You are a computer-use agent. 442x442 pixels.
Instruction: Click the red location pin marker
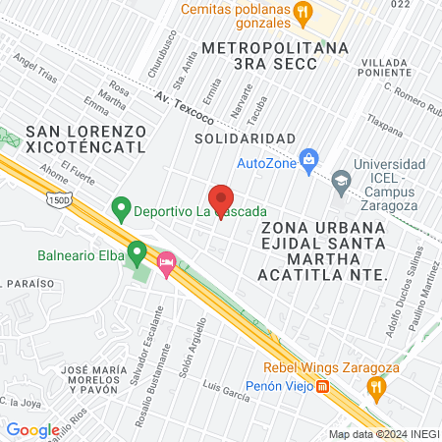click(221, 199)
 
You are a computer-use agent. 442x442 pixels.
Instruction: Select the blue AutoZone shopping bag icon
click(309, 158)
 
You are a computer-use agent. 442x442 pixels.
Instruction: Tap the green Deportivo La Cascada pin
click(121, 207)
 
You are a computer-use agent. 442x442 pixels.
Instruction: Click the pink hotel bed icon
click(167, 262)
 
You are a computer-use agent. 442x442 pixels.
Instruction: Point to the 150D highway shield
click(57, 200)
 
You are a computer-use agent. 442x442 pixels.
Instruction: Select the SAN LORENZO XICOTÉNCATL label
click(86, 138)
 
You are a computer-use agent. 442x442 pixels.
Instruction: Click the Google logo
click(32, 429)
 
